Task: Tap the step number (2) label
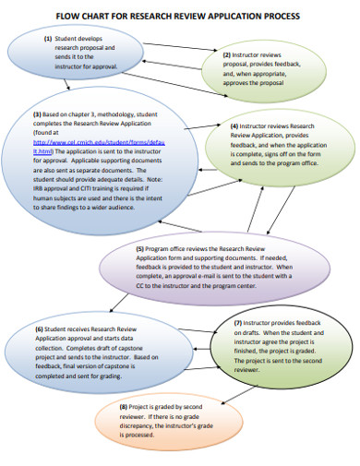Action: click(x=227, y=54)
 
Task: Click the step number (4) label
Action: click(x=235, y=125)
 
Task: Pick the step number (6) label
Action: click(x=42, y=329)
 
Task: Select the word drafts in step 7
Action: click(x=233, y=334)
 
